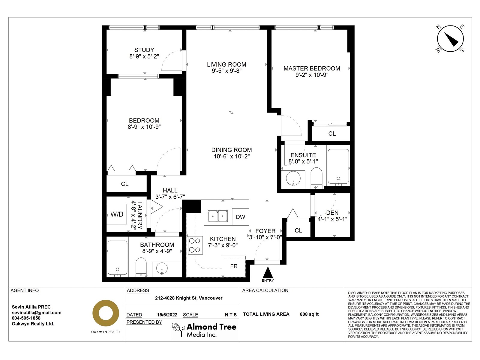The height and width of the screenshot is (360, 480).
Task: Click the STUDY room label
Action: pyautogui.click(x=144, y=50)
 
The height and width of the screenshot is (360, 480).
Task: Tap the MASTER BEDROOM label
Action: pyautogui.click(x=312, y=68)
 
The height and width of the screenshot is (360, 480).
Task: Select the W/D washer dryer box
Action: pyautogui.click(x=117, y=214)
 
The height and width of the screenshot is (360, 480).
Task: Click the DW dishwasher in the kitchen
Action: pyautogui.click(x=240, y=217)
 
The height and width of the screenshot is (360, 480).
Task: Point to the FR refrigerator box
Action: pyautogui.click(x=234, y=266)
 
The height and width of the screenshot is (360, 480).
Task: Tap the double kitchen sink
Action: pyautogui.click(x=217, y=216)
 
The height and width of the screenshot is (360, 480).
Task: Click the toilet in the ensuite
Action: pyautogui.click(x=316, y=178)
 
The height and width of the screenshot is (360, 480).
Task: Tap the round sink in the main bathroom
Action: pyautogui.click(x=162, y=268)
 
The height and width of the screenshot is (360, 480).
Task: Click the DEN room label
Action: pyautogui.click(x=332, y=213)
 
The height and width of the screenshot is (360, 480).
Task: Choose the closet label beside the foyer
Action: pyautogui.click(x=298, y=230)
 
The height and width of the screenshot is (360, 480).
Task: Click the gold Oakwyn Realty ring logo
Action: pyautogui.click(x=106, y=313)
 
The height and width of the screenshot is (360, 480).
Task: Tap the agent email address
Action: pyautogui.click(x=37, y=313)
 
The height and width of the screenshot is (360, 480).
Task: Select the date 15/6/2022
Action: pyautogui.click(x=167, y=315)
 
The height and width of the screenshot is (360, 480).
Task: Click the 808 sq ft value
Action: pyautogui.click(x=309, y=314)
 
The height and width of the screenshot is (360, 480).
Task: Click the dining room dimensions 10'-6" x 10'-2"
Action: pyautogui.click(x=232, y=156)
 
